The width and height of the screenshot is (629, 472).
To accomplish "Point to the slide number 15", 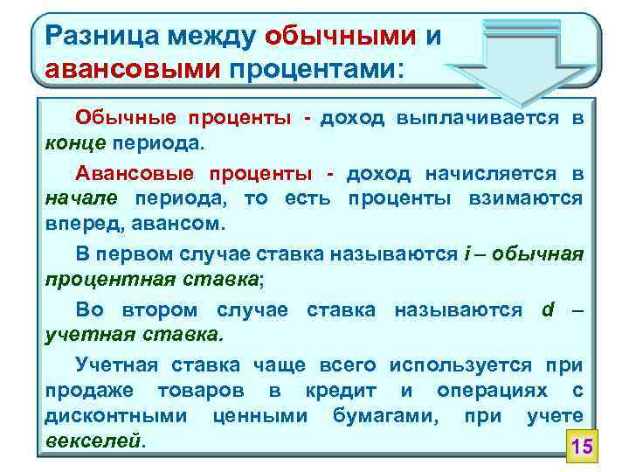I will tap(581, 448).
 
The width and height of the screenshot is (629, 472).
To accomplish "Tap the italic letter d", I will tap(548, 310).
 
